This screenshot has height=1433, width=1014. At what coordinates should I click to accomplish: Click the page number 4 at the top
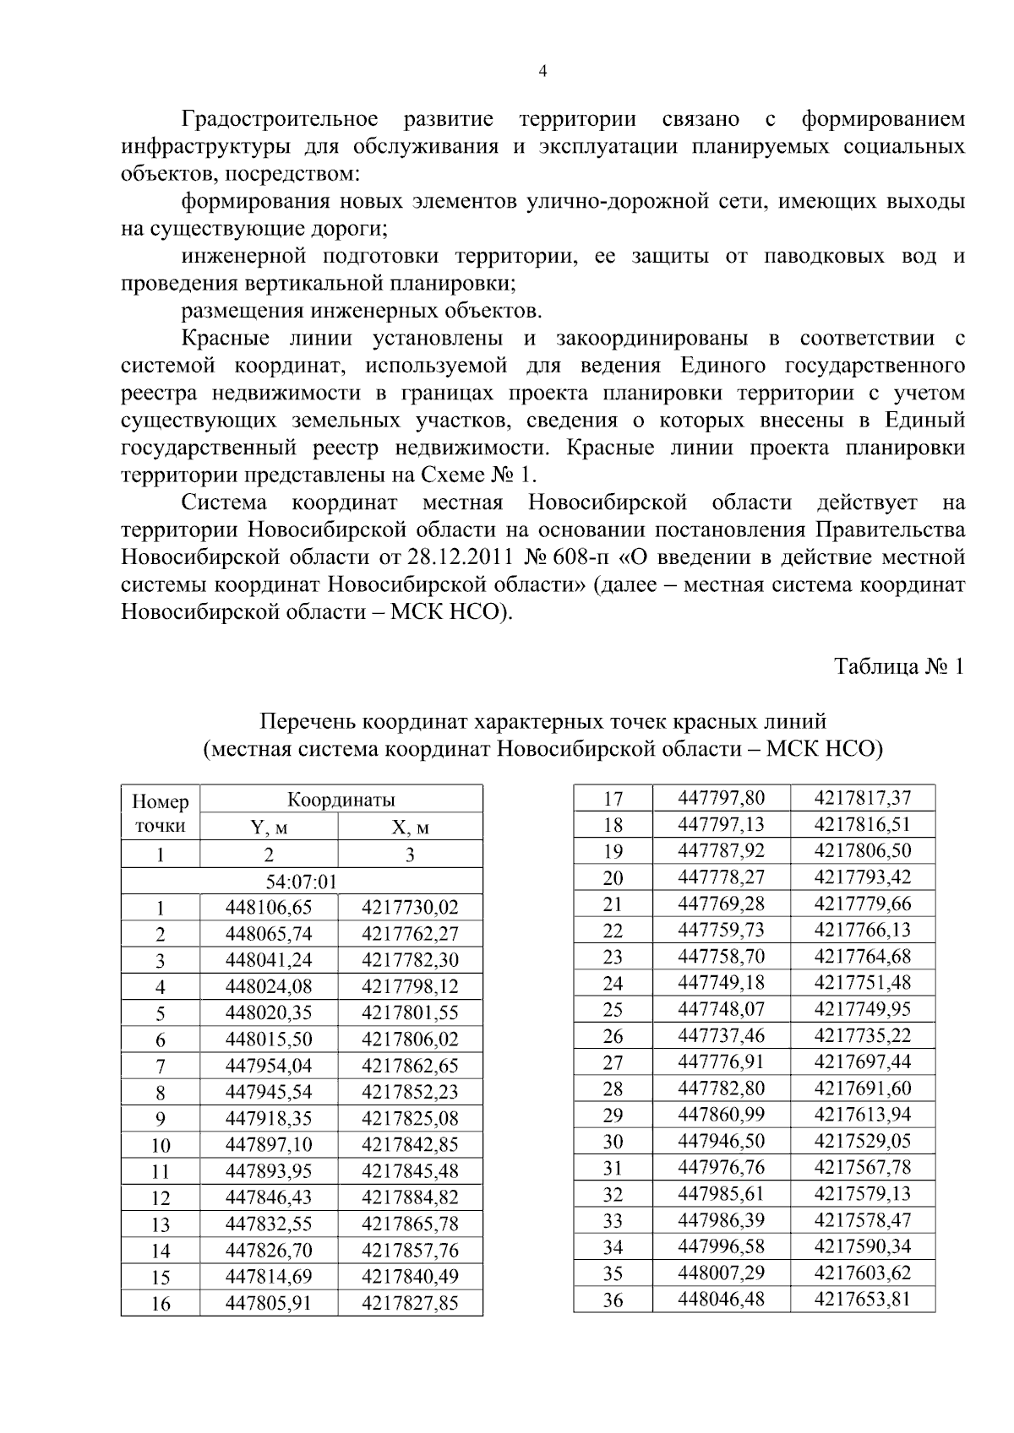tap(542, 72)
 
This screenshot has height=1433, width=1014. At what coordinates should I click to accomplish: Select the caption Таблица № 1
tap(899, 666)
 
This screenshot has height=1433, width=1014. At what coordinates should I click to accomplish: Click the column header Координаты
tap(341, 800)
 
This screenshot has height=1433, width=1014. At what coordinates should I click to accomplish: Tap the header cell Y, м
tap(269, 828)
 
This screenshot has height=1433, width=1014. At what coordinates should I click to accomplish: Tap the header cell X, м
tap(410, 828)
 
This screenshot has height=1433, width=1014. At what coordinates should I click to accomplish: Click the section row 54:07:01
tap(302, 882)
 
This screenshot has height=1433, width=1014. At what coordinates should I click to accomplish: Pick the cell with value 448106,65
tap(269, 908)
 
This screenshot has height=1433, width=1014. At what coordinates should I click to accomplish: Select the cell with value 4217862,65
tap(410, 1066)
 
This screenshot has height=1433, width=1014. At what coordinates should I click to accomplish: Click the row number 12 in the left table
tap(160, 1198)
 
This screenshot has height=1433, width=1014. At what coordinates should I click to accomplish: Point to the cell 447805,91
tap(269, 1303)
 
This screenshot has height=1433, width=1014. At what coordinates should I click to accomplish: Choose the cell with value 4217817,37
tap(862, 798)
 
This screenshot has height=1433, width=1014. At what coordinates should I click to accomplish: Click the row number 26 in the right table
tap(613, 1035)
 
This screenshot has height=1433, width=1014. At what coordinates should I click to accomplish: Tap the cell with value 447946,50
tap(722, 1141)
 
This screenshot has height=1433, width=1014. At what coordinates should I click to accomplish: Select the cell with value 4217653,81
tap(862, 1299)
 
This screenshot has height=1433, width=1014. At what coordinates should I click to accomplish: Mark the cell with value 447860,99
tap(722, 1115)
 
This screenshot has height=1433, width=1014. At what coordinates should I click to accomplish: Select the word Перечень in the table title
tap(307, 722)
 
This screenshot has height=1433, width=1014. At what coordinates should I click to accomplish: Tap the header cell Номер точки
tap(161, 813)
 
